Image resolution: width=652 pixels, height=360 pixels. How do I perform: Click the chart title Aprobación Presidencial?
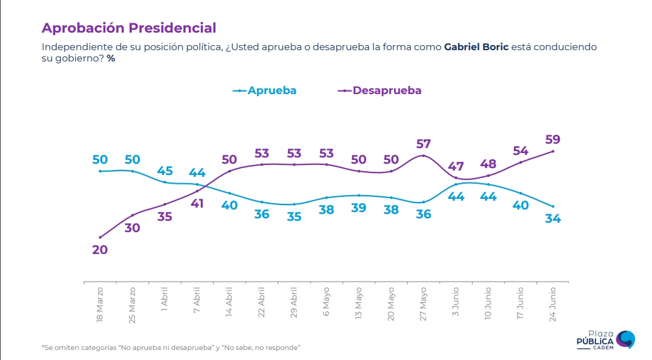click(x=129, y=28)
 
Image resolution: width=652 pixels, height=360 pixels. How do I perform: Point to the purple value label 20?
click(x=100, y=250)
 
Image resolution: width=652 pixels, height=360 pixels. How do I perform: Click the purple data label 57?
click(x=424, y=144)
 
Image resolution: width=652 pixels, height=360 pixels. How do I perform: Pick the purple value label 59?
click(x=553, y=139)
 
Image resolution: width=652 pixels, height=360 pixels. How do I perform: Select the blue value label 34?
click(x=553, y=219)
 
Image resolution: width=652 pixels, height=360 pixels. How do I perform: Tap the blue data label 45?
click(x=165, y=171)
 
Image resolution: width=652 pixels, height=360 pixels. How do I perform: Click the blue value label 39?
click(x=358, y=208)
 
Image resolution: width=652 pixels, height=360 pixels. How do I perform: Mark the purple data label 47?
click(x=456, y=167)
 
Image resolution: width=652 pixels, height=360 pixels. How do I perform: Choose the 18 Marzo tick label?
click(x=100, y=305)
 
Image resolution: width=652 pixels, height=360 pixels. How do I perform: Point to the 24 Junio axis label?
click(x=553, y=305)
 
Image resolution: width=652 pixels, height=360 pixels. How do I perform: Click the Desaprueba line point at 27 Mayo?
click(x=424, y=156)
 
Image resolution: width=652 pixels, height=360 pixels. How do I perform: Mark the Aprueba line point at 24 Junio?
click(x=553, y=206)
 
